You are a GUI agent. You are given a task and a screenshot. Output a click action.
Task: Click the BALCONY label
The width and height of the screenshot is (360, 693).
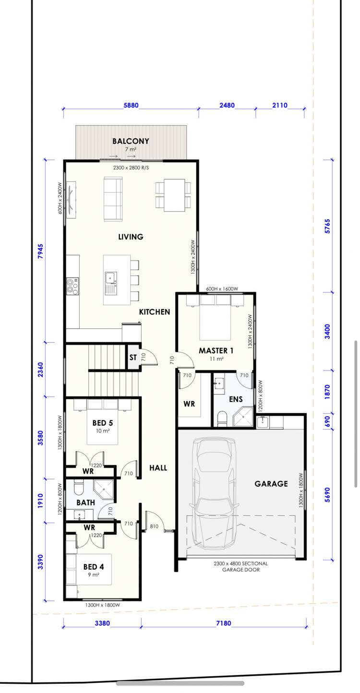tap(131, 141)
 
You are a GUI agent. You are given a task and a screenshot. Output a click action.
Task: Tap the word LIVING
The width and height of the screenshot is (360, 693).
tap(131, 237)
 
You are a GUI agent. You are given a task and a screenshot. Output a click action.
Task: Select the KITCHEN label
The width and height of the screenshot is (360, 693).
tap(155, 312)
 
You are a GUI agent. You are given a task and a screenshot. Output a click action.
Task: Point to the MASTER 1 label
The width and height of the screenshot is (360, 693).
tap(216, 351)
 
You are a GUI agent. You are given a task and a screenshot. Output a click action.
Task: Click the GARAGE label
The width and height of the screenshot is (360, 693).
tap(271, 484)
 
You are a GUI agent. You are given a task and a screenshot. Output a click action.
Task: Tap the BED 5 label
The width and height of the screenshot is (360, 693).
tap(103, 423)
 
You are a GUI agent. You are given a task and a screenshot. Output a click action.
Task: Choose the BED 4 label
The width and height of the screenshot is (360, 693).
tap(94, 566)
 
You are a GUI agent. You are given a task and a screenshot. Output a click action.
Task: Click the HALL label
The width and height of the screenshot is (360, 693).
tap(158, 467)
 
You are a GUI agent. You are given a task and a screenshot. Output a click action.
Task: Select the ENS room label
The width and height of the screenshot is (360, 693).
tap(236, 399)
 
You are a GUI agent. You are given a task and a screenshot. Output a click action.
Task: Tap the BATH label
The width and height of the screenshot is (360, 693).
tap(85, 502)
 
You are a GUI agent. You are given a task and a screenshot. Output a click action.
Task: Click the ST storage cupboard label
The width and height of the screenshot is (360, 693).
tap(133, 358)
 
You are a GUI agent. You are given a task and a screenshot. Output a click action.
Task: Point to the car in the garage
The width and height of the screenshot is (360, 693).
tap(215, 494)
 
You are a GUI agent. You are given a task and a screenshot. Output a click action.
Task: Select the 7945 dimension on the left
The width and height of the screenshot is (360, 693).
tap(41, 251)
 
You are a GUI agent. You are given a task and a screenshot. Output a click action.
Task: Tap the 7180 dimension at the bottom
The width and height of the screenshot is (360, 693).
tap(224, 623)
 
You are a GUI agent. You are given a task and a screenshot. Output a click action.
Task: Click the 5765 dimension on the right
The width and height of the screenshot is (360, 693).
tap(327, 226)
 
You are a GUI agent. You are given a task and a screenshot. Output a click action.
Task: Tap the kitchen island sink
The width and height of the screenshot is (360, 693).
tap(111, 277)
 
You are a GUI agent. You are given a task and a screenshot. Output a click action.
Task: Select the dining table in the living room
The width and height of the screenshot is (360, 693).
tap(173, 195)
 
